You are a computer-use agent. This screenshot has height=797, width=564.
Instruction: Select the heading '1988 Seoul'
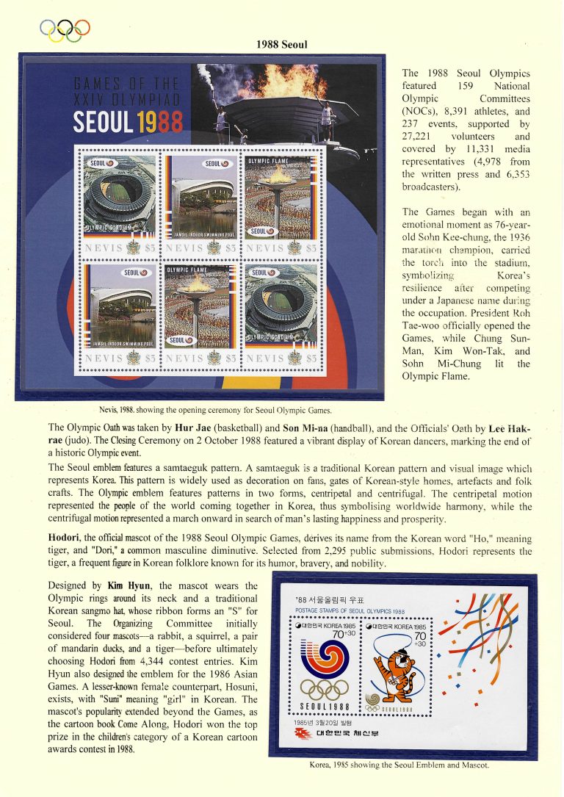point(282,45)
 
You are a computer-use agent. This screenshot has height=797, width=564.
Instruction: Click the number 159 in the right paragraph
point(467,86)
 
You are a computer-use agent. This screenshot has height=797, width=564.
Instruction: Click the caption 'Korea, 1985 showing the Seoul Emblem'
point(399,765)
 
